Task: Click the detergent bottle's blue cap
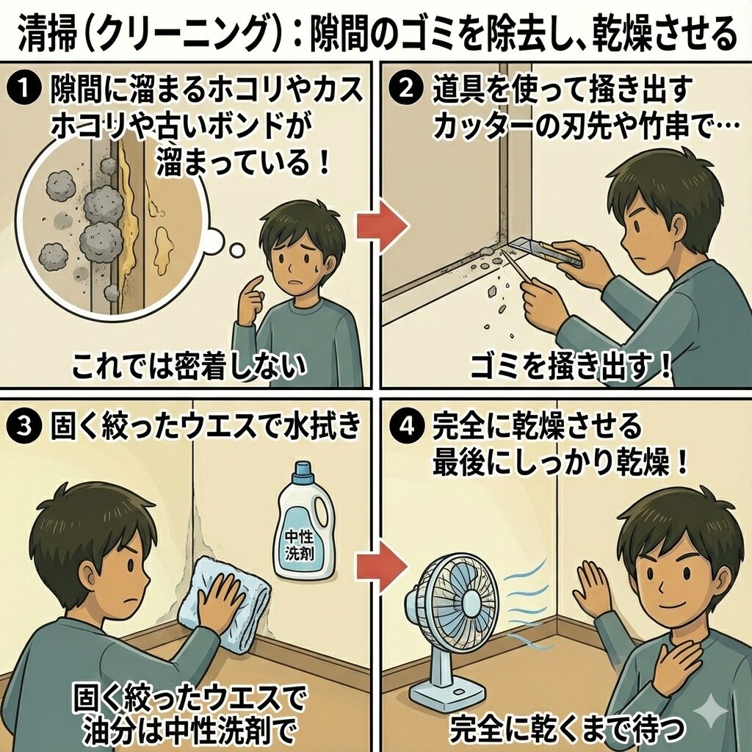(303, 471)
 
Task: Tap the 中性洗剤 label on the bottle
(300, 546)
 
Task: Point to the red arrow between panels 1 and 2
(383, 226)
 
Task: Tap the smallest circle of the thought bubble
(236, 250)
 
